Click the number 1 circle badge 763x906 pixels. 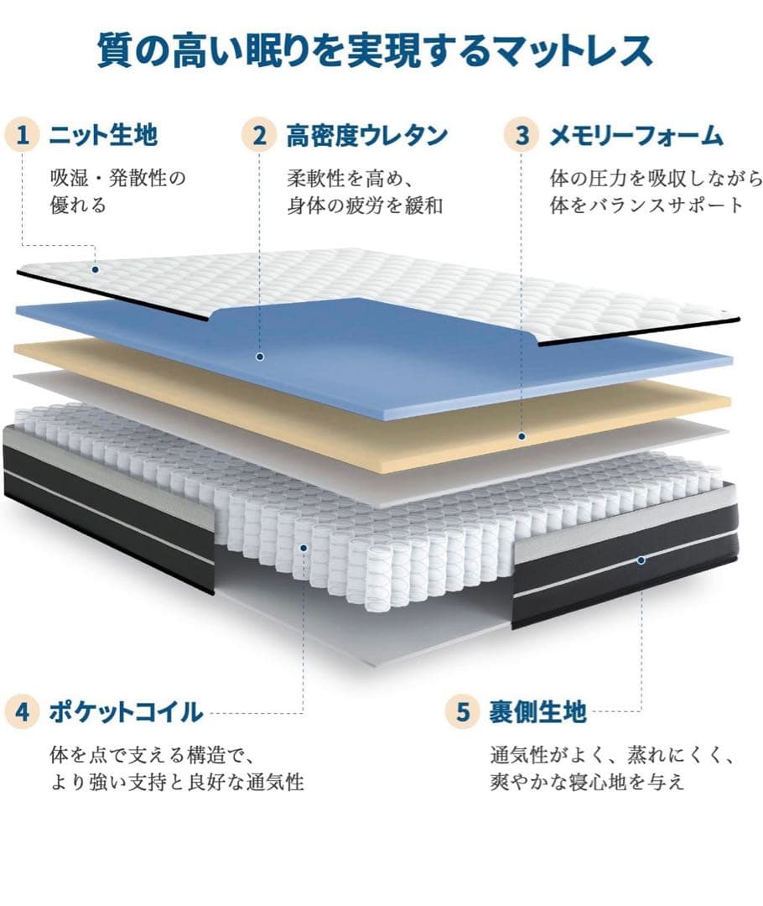click(x=28, y=134)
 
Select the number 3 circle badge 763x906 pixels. click(x=522, y=134)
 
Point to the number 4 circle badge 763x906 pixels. click(x=23, y=712)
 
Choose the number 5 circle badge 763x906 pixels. click(x=463, y=712)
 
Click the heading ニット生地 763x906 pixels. click(x=103, y=134)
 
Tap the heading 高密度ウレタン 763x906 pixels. click(x=366, y=134)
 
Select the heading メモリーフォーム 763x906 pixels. click(x=636, y=134)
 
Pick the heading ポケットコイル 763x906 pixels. click(x=126, y=713)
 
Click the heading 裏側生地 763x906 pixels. click(x=537, y=713)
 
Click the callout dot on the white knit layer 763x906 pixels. click(x=96, y=269)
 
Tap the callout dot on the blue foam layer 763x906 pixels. click(x=260, y=357)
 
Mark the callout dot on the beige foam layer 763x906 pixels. click(x=522, y=436)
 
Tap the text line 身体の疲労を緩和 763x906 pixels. click(x=365, y=206)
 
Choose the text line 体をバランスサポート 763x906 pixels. click(x=646, y=206)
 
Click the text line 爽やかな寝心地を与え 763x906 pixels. click(x=587, y=783)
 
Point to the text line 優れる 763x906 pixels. click(x=79, y=206)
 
